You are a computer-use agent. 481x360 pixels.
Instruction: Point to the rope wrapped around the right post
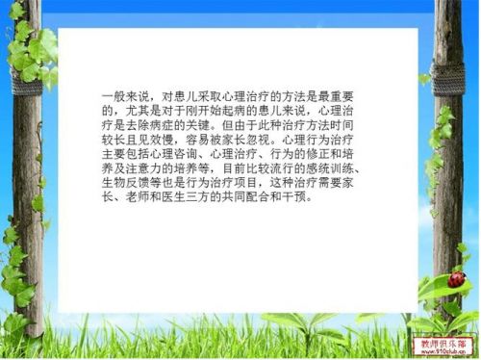[x=448, y=72]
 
